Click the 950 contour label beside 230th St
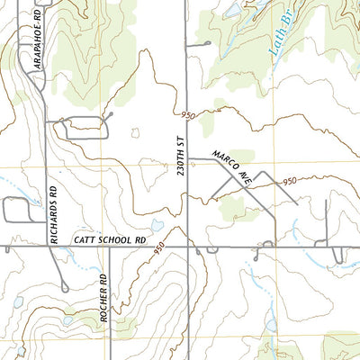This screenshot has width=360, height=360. tap(187, 115)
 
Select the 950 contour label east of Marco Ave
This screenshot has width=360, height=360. tap(289, 182)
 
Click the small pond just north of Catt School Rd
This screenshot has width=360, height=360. tap(155, 225)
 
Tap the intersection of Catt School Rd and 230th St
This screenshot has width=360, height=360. tap(187, 246)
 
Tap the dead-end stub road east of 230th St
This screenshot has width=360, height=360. tap(199, 42)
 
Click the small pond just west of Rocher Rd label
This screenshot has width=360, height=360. tap(68, 319)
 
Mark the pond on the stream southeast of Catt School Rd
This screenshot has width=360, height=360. tap(271, 323)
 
